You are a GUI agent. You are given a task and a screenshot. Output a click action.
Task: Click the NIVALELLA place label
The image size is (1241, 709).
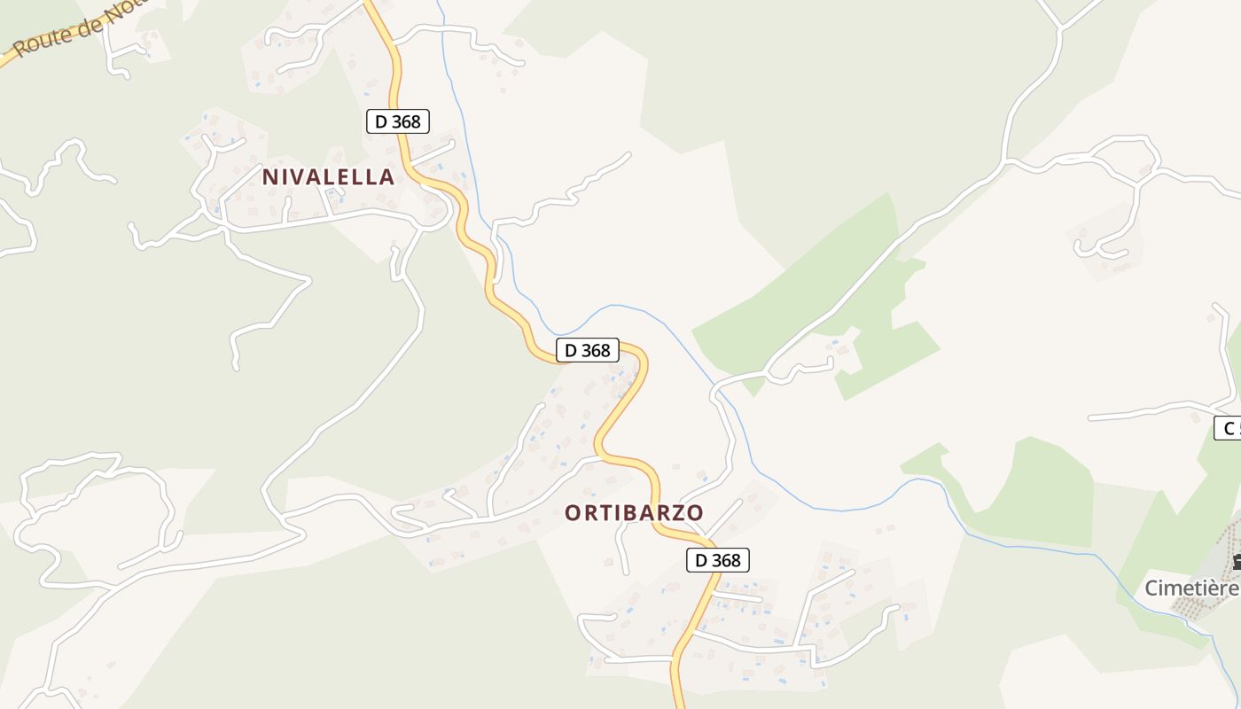[328, 176]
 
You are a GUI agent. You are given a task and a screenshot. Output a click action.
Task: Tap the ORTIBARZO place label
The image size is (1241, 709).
[634, 512]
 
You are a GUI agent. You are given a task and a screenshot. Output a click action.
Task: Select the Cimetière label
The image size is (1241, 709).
[1191, 588]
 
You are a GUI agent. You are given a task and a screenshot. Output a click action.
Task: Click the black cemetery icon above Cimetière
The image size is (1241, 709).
[1236, 560]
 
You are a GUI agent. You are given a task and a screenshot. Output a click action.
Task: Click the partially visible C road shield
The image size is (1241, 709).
[1228, 428]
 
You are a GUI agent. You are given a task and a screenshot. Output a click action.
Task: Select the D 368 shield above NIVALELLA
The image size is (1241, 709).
[398, 121]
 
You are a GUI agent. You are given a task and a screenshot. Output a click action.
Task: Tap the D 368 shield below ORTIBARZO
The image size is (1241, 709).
[718, 560]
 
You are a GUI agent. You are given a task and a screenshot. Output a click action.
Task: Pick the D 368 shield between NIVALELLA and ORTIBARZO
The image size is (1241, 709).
[588, 350]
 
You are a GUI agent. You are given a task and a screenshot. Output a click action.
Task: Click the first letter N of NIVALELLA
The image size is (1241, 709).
[269, 176]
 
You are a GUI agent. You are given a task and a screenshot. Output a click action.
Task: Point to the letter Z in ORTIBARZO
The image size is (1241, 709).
[678, 512]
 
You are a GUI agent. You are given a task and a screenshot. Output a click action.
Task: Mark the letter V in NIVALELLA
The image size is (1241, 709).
[300, 176]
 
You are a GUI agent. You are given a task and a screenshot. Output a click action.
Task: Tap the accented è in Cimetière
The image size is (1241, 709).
[1214, 588]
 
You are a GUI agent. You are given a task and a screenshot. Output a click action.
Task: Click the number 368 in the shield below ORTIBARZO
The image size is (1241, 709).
[726, 560]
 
